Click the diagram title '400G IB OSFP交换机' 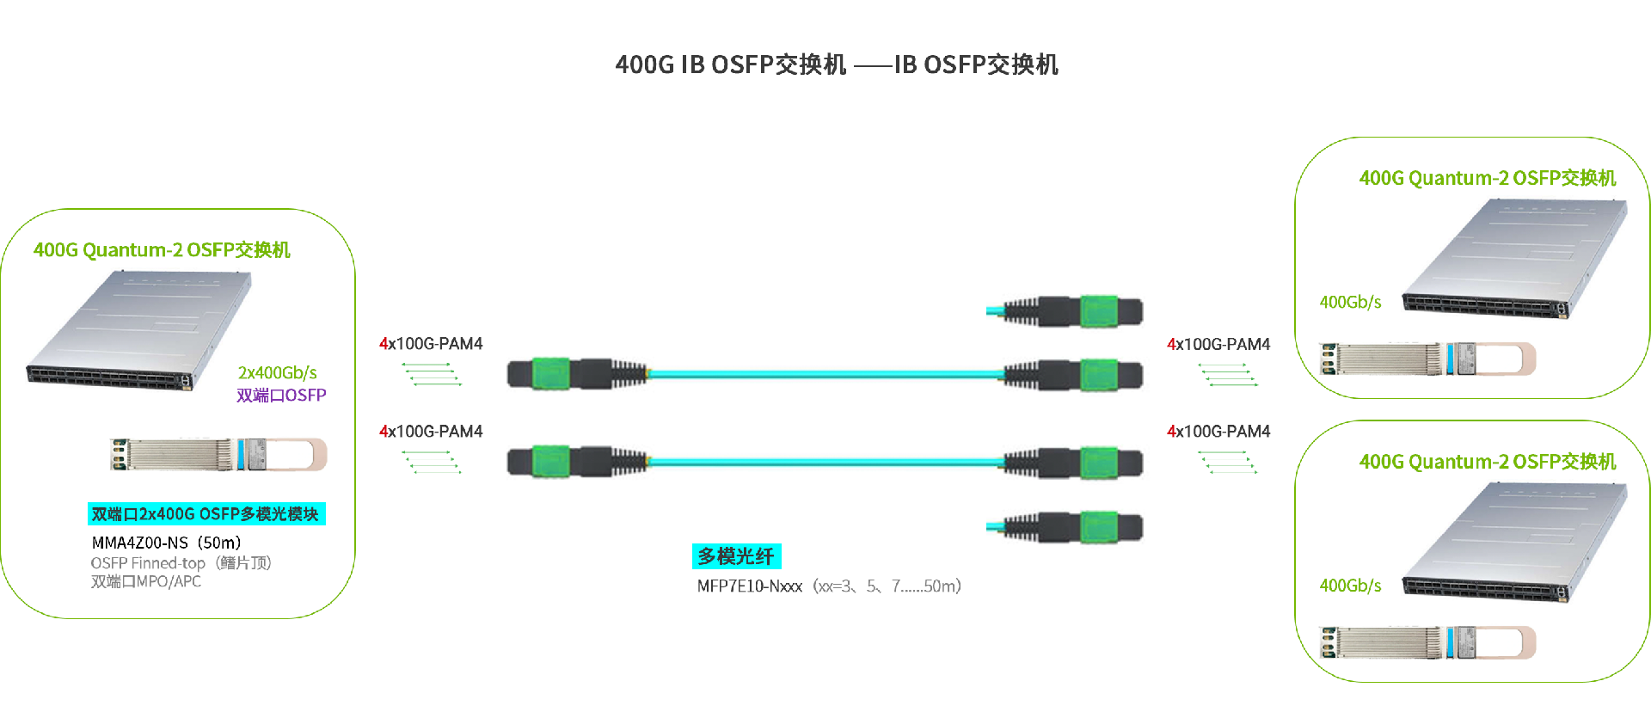click(x=730, y=64)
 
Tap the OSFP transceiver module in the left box click(x=218, y=455)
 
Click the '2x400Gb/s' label click(x=277, y=372)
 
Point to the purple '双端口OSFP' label click(x=281, y=396)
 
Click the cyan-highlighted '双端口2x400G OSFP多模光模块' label click(x=206, y=514)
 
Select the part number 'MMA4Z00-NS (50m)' click(x=166, y=543)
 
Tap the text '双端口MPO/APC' click(x=146, y=582)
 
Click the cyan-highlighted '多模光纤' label click(x=736, y=556)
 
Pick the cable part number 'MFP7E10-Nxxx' click(x=749, y=586)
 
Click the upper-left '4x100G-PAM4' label click(x=431, y=344)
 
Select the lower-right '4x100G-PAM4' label click(x=1218, y=432)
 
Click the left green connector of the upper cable click(x=551, y=374)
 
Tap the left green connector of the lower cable click(x=551, y=461)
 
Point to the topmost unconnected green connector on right click(x=1098, y=311)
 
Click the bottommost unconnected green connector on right click(x=1098, y=527)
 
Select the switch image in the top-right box click(x=1514, y=258)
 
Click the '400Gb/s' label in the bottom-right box click(x=1350, y=586)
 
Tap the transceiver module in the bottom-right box click(x=1428, y=642)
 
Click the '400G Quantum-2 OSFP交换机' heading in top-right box click(x=1487, y=178)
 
